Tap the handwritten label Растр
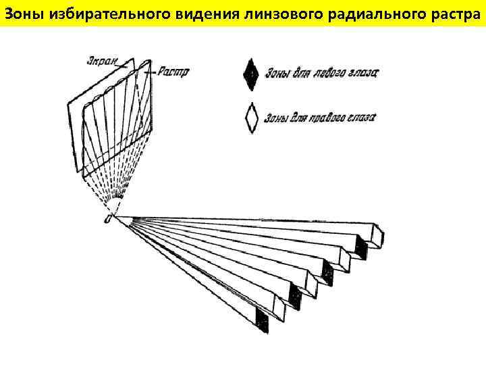174,70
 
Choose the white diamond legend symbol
252,118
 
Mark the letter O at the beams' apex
107,220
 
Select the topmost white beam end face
380,235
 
